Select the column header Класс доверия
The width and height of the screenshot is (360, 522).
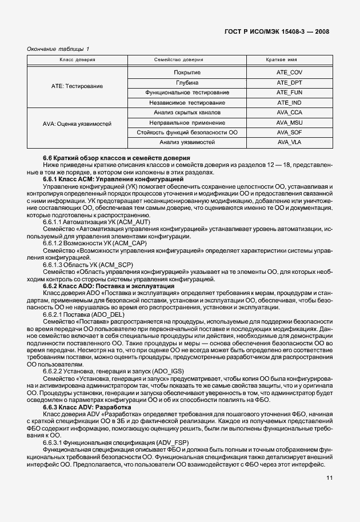(78, 60)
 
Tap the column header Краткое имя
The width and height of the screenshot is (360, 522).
(289, 60)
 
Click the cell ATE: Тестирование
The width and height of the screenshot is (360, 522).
(78, 87)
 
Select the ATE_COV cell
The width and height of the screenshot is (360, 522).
(289, 72)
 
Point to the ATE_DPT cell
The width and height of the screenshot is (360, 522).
(289, 82)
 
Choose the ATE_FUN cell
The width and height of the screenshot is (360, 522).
(289, 92)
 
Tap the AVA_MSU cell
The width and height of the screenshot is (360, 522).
(289, 122)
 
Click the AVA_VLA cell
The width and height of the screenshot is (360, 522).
(289, 142)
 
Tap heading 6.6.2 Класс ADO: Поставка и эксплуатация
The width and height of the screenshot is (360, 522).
(109, 285)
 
